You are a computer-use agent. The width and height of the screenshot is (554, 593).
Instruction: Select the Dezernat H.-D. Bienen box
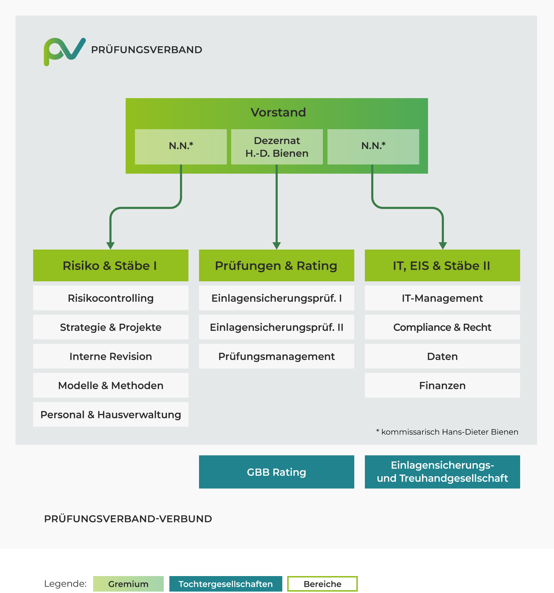click(277, 147)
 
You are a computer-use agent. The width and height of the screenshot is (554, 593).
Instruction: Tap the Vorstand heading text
click(278, 112)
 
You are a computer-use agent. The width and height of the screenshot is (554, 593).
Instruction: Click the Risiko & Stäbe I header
click(111, 265)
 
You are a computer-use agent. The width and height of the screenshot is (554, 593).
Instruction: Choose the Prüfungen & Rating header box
click(277, 265)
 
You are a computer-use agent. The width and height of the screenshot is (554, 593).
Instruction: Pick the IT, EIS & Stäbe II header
click(442, 265)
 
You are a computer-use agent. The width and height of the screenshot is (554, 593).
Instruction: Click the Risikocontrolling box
click(111, 298)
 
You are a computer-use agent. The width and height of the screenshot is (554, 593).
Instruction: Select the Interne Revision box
click(111, 356)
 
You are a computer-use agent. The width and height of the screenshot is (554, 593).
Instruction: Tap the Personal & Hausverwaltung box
click(111, 414)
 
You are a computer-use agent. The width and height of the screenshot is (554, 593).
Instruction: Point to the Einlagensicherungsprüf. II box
click(277, 327)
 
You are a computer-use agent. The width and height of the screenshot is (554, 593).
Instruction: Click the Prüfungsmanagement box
click(277, 356)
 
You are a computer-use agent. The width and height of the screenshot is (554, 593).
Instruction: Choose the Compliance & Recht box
click(442, 327)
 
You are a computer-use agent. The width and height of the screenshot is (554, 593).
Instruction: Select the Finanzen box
click(442, 385)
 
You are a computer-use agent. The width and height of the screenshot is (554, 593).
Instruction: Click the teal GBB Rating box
click(277, 472)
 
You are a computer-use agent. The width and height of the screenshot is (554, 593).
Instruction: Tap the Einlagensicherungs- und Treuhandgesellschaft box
click(442, 472)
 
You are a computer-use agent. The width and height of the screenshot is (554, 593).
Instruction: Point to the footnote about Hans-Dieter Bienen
click(447, 432)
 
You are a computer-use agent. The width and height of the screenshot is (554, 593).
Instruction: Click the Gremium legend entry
click(128, 584)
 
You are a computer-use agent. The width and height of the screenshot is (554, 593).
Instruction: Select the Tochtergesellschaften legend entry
click(226, 584)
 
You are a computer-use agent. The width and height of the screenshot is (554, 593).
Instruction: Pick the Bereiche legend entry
click(323, 584)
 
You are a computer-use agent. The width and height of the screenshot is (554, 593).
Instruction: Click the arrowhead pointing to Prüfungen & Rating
click(277, 246)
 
